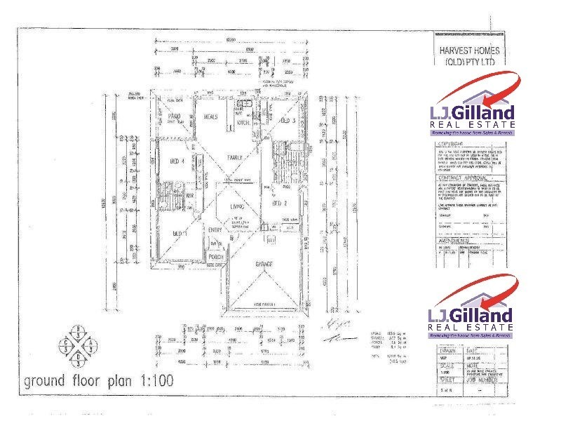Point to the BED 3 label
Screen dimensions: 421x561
[287, 121]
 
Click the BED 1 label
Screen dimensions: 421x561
[179, 232]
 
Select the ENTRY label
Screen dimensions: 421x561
[215, 229]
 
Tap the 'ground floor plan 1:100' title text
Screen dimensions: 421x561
[98, 382]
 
